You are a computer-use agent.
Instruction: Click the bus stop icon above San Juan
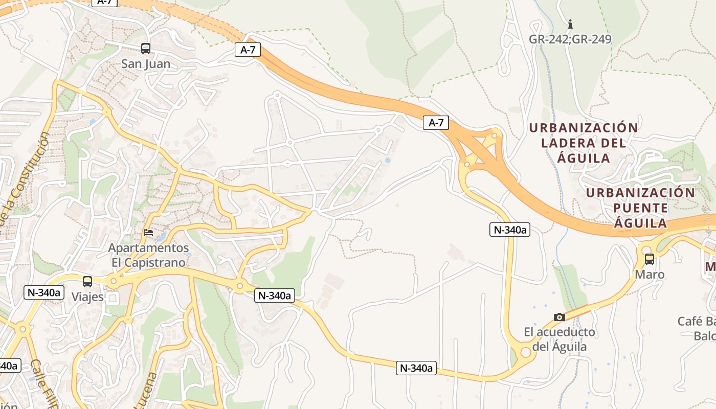(146, 49)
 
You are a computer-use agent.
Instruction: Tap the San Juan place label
(146, 64)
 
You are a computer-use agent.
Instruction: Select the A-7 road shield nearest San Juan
(248, 50)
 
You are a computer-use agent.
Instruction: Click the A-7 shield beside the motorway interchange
(436, 123)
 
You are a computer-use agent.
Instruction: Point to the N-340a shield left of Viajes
(43, 292)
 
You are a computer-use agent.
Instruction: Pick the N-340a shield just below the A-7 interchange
(509, 230)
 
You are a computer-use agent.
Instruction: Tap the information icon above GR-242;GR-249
(570, 24)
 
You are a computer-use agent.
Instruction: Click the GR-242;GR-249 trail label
(570, 39)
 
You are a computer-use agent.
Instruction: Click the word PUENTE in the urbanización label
(640, 208)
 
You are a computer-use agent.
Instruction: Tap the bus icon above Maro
(649, 259)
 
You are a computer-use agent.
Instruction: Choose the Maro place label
(650, 275)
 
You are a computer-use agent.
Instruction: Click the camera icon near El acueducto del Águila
(560, 317)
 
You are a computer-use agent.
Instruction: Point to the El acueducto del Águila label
(559, 339)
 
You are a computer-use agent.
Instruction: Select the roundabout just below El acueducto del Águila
(525, 352)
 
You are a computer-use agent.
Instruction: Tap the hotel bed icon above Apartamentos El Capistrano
(148, 233)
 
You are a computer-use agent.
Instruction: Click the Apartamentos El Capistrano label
(148, 255)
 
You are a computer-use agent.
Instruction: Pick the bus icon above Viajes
(87, 281)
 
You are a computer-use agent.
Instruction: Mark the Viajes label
(87, 297)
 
